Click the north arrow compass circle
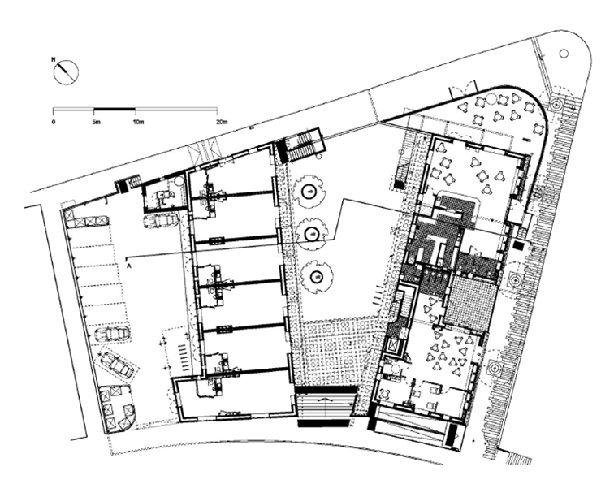click(x=66, y=72)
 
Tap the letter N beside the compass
click(x=54, y=59)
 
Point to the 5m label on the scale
click(x=96, y=123)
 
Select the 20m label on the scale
click(x=222, y=123)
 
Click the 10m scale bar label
click(x=138, y=123)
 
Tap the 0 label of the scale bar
click(x=54, y=123)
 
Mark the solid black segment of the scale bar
click(x=115, y=110)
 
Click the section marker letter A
click(x=129, y=265)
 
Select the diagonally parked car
click(x=116, y=364)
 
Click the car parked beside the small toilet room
click(x=161, y=221)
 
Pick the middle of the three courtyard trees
click(x=313, y=233)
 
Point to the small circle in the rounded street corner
click(x=564, y=54)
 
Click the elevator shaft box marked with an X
click(x=393, y=346)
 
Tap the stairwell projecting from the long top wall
click(x=300, y=145)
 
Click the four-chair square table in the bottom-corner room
click(x=385, y=394)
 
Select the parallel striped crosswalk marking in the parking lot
click(x=185, y=357)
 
